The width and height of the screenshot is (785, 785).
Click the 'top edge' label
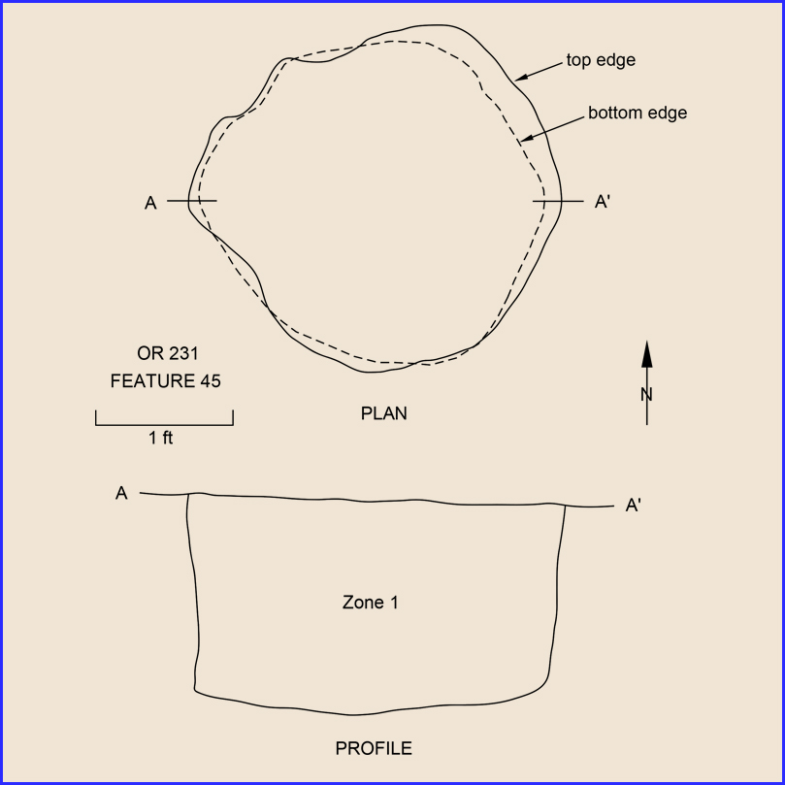click(601, 60)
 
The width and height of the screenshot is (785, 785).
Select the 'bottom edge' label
click(638, 113)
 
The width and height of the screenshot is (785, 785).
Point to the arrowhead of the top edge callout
click(521, 78)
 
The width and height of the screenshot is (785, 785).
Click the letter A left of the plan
click(150, 203)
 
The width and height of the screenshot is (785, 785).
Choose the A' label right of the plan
click(603, 202)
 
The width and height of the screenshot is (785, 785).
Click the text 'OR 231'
click(168, 353)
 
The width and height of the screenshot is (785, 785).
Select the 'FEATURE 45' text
click(165, 381)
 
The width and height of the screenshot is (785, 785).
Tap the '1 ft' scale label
click(161, 438)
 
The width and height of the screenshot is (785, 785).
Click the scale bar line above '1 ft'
click(164, 425)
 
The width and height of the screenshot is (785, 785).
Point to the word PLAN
click(384, 413)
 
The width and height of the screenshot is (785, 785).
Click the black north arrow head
click(647, 354)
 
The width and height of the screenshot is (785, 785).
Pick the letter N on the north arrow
click(646, 395)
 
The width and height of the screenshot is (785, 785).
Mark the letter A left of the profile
click(121, 493)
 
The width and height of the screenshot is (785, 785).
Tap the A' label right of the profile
click(634, 506)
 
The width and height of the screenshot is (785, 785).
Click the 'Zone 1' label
click(371, 603)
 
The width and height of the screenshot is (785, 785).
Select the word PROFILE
click(374, 748)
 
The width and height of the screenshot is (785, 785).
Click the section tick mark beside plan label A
click(192, 201)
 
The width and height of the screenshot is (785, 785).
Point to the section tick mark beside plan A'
click(558, 201)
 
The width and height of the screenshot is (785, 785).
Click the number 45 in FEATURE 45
click(211, 381)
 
